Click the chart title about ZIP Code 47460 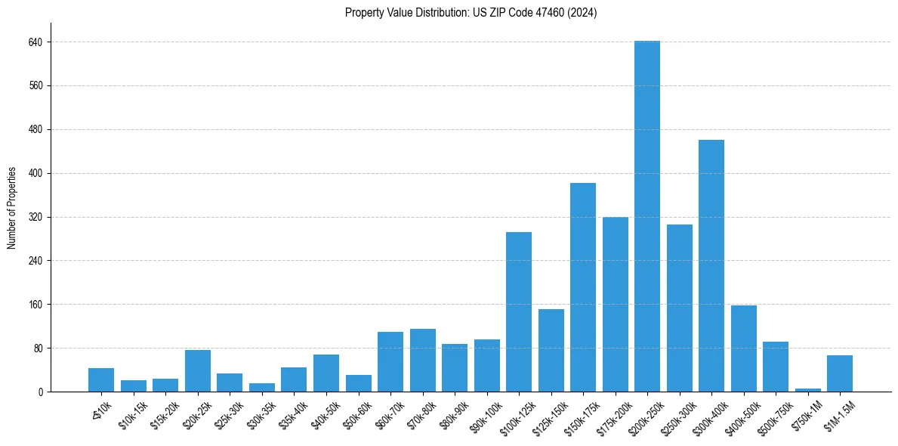pyautogui.click(x=471, y=12)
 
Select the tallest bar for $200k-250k pyautogui.click(x=647, y=216)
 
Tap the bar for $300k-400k pyautogui.click(x=711, y=265)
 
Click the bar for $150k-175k pyautogui.click(x=583, y=287)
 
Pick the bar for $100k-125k pyautogui.click(x=519, y=311)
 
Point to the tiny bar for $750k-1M pyautogui.click(x=807, y=390)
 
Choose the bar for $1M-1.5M pyautogui.click(x=840, y=373)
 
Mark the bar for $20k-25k pyautogui.click(x=198, y=370)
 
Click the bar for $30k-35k pyautogui.click(x=262, y=387)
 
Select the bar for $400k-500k pyautogui.click(x=744, y=348)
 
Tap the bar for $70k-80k pyautogui.click(x=423, y=360)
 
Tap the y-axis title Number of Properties pyautogui.click(x=12, y=208)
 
